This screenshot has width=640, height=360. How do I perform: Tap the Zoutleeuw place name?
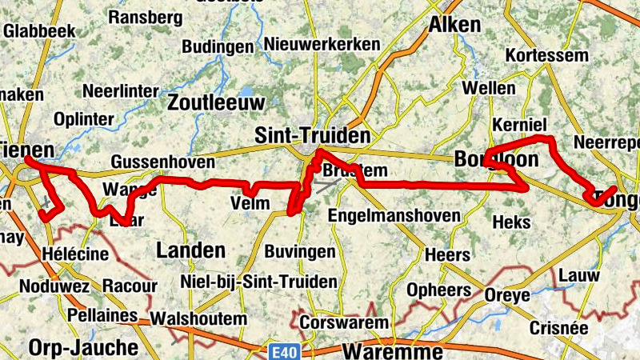(x=216, y=102)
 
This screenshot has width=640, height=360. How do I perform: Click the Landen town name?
(x=190, y=250)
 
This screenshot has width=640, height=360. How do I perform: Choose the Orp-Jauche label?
(x=83, y=347)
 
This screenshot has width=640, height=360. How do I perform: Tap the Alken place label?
(x=455, y=25)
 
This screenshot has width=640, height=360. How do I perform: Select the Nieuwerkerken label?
(x=322, y=44)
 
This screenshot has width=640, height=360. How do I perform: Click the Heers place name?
(x=447, y=255)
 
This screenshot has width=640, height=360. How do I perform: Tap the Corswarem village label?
(x=344, y=322)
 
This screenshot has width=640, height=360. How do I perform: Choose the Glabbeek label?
(x=39, y=30)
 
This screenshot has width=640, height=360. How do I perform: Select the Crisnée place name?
(x=559, y=328)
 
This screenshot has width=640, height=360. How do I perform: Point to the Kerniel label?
(x=520, y=126)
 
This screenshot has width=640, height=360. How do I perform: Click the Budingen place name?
(x=218, y=46)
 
